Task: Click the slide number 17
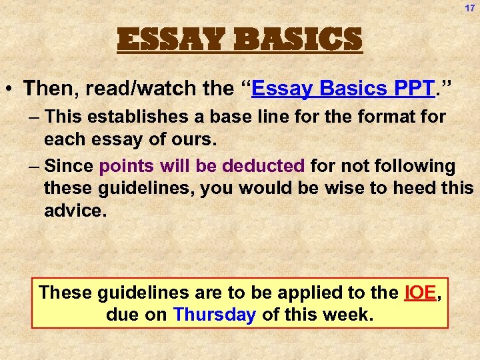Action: tap(469, 9)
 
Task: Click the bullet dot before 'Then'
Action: tap(12, 89)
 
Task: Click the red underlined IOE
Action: tap(419, 292)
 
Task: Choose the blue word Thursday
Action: tap(214, 315)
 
